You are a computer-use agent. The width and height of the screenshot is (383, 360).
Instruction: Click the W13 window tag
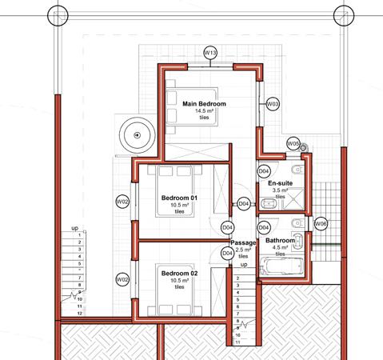pos(210,53)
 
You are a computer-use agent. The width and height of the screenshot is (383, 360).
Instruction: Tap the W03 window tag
pos(273,104)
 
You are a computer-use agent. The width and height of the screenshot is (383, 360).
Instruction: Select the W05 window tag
pos(293,144)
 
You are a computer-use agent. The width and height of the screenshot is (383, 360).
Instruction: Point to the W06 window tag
pos(321,224)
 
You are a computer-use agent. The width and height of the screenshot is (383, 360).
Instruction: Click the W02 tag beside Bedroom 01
pos(122,202)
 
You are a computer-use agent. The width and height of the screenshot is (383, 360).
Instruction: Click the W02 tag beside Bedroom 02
pos(122,279)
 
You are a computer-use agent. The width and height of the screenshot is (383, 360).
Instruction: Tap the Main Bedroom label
pos(204,104)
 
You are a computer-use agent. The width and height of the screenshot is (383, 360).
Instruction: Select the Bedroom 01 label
pos(179,198)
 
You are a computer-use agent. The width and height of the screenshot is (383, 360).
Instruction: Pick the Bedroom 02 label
pos(179,274)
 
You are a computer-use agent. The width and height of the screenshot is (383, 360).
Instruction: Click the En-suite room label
pos(280,183)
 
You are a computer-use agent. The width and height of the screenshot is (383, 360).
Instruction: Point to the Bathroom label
pos(280,241)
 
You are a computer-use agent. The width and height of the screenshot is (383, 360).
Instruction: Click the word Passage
pos(243,243)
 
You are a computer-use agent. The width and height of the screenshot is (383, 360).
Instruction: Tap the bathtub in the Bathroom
pos(282,266)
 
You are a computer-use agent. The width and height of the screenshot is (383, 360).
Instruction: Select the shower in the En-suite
pos(293,198)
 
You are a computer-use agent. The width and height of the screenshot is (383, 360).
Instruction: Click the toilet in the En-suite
pos(298,170)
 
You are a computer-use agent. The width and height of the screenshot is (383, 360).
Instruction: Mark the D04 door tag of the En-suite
pos(264,171)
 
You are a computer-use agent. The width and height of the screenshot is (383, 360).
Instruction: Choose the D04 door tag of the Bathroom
pos(264,227)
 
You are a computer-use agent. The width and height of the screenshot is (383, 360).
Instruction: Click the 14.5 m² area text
pos(204,111)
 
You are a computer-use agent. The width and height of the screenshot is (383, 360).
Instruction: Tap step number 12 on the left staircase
pos(80,314)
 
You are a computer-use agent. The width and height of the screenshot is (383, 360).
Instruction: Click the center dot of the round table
pos(138,135)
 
